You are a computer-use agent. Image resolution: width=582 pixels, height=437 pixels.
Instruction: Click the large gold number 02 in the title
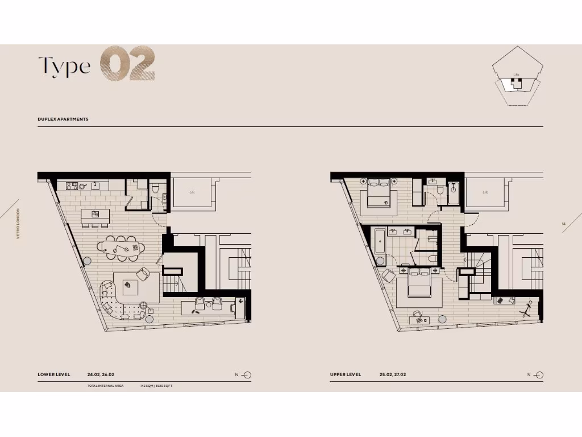click(128, 65)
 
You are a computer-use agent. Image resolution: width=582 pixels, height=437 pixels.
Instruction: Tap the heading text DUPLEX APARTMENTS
click(63, 119)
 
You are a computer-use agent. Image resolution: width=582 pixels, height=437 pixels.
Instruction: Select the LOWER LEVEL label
click(54, 375)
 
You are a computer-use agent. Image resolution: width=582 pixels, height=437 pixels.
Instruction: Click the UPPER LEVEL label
click(346, 375)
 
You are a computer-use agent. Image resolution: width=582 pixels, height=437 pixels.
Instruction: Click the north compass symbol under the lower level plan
click(247, 375)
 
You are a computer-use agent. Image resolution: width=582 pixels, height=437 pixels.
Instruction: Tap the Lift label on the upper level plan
click(485, 192)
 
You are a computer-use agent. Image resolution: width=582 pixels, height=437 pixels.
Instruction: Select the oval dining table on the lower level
click(121, 248)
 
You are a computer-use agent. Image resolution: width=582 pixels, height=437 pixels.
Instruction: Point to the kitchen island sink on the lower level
click(95, 214)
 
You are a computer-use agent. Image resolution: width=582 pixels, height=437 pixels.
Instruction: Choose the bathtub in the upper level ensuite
click(380, 248)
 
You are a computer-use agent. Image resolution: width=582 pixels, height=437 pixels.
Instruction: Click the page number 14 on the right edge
click(563, 224)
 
